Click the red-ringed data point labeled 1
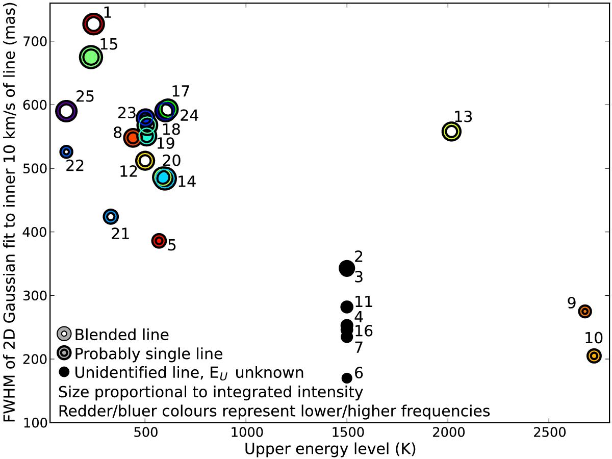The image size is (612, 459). pos(93,24)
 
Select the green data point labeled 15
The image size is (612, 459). pos(91,58)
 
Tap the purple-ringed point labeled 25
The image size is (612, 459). pos(66,111)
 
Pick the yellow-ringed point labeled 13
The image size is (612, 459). pos(451,132)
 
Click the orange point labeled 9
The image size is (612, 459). pos(585,311)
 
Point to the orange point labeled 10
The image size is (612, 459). pos(594,356)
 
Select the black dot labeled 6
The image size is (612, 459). pos(347,378)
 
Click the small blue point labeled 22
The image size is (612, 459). pos(66,151)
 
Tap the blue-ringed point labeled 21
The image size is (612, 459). pos(111,216)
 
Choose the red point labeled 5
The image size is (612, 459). pos(159,241)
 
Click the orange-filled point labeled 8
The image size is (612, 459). pos(133,137)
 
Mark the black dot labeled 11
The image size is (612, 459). pos(347,307)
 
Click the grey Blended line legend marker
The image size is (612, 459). pos(64,334)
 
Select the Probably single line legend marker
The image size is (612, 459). pos(64,353)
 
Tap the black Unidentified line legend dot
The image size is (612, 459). pos(64,372)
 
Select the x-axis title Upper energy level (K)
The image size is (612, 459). pos(330,449)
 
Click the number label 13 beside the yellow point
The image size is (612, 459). pos(463,116)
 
